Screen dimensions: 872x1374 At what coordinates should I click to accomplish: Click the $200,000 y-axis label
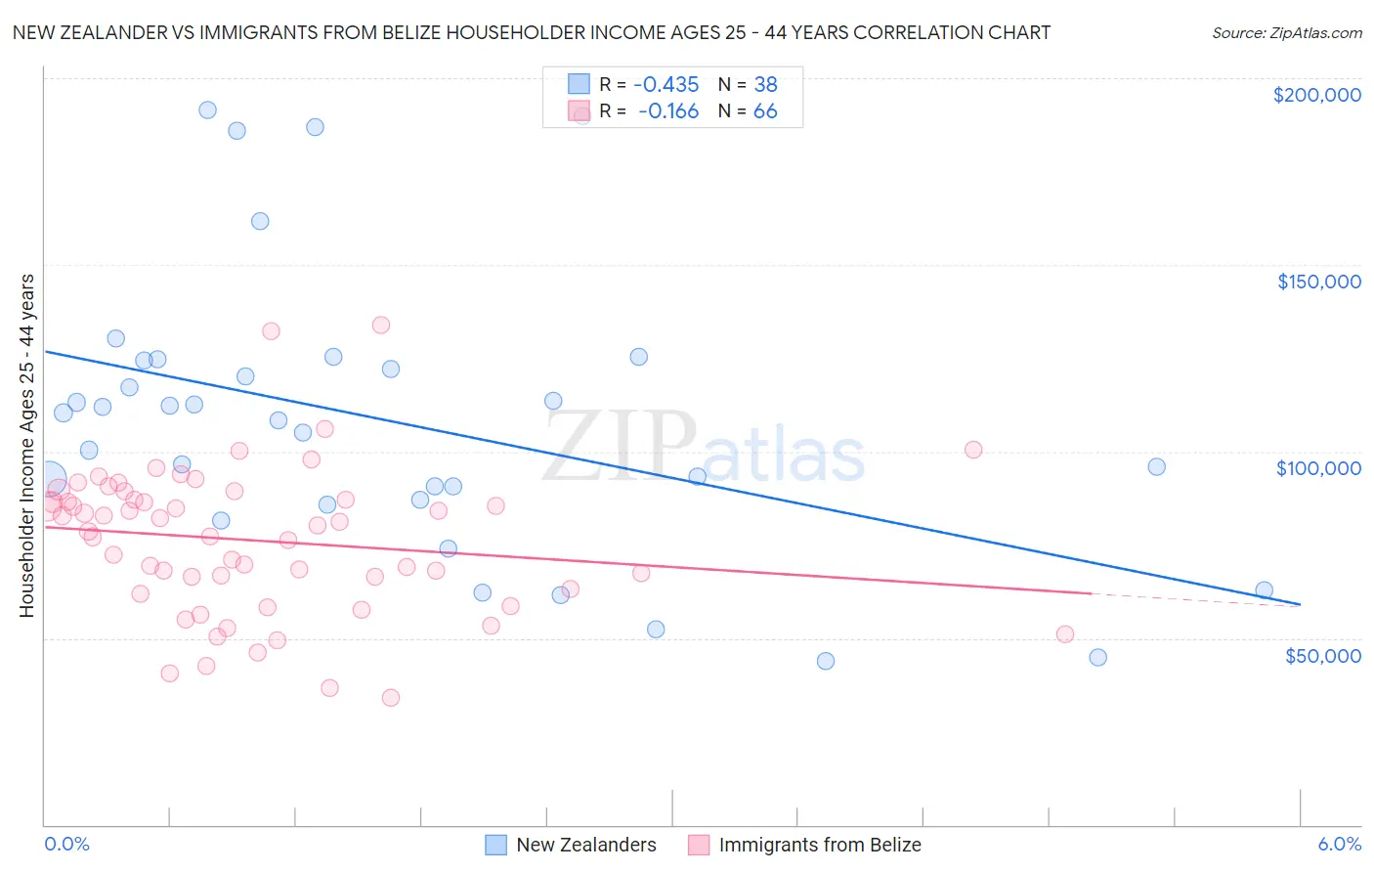pyautogui.click(x=1316, y=95)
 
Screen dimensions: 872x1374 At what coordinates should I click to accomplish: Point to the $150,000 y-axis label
pyautogui.click(x=1318, y=282)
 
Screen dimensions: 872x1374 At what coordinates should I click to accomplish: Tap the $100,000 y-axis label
pyautogui.click(x=1318, y=468)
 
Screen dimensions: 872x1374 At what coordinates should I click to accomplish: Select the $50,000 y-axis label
pyautogui.click(x=1322, y=655)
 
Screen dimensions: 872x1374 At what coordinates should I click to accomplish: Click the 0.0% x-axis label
pyautogui.click(x=66, y=845)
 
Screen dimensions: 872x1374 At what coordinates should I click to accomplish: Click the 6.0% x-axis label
pyautogui.click(x=1339, y=845)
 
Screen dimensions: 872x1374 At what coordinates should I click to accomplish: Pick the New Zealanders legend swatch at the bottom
pyautogui.click(x=496, y=845)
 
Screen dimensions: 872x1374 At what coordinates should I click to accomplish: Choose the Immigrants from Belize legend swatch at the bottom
pyautogui.click(x=699, y=845)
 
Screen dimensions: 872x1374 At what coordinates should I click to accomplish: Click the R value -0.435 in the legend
pyautogui.click(x=666, y=85)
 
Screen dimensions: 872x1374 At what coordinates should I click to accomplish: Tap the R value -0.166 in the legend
pyautogui.click(x=668, y=111)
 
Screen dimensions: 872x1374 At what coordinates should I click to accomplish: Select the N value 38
pyautogui.click(x=765, y=85)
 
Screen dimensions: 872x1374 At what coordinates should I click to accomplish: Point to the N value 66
pyautogui.click(x=765, y=111)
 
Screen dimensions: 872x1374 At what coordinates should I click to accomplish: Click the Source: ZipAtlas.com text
pyautogui.click(x=1286, y=33)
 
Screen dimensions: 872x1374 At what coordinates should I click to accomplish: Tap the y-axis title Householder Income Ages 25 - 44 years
pyautogui.click(x=27, y=445)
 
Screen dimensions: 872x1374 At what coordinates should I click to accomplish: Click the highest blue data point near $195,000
pyautogui.click(x=207, y=110)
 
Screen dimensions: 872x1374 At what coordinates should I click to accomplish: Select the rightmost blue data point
pyautogui.click(x=1264, y=590)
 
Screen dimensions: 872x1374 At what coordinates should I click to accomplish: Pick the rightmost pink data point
pyautogui.click(x=1065, y=634)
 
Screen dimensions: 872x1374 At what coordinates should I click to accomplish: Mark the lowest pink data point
pyautogui.click(x=391, y=698)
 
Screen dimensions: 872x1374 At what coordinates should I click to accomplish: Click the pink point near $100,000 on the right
pyautogui.click(x=973, y=450)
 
